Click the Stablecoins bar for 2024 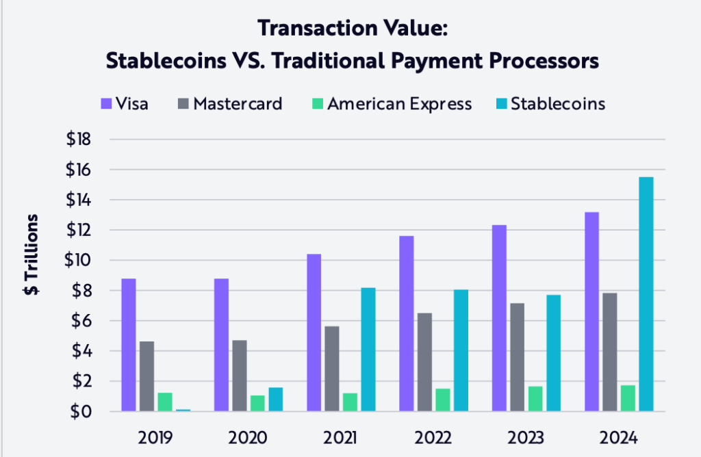[646, 294]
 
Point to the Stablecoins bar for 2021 [368, 350]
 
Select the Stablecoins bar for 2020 [275, 400]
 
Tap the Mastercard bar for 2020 [239, 376]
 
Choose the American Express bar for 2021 [350, 402]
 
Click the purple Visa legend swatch [106, 104]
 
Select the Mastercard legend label [238, 104]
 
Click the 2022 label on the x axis [433, 436]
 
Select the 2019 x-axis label [156, 436]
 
